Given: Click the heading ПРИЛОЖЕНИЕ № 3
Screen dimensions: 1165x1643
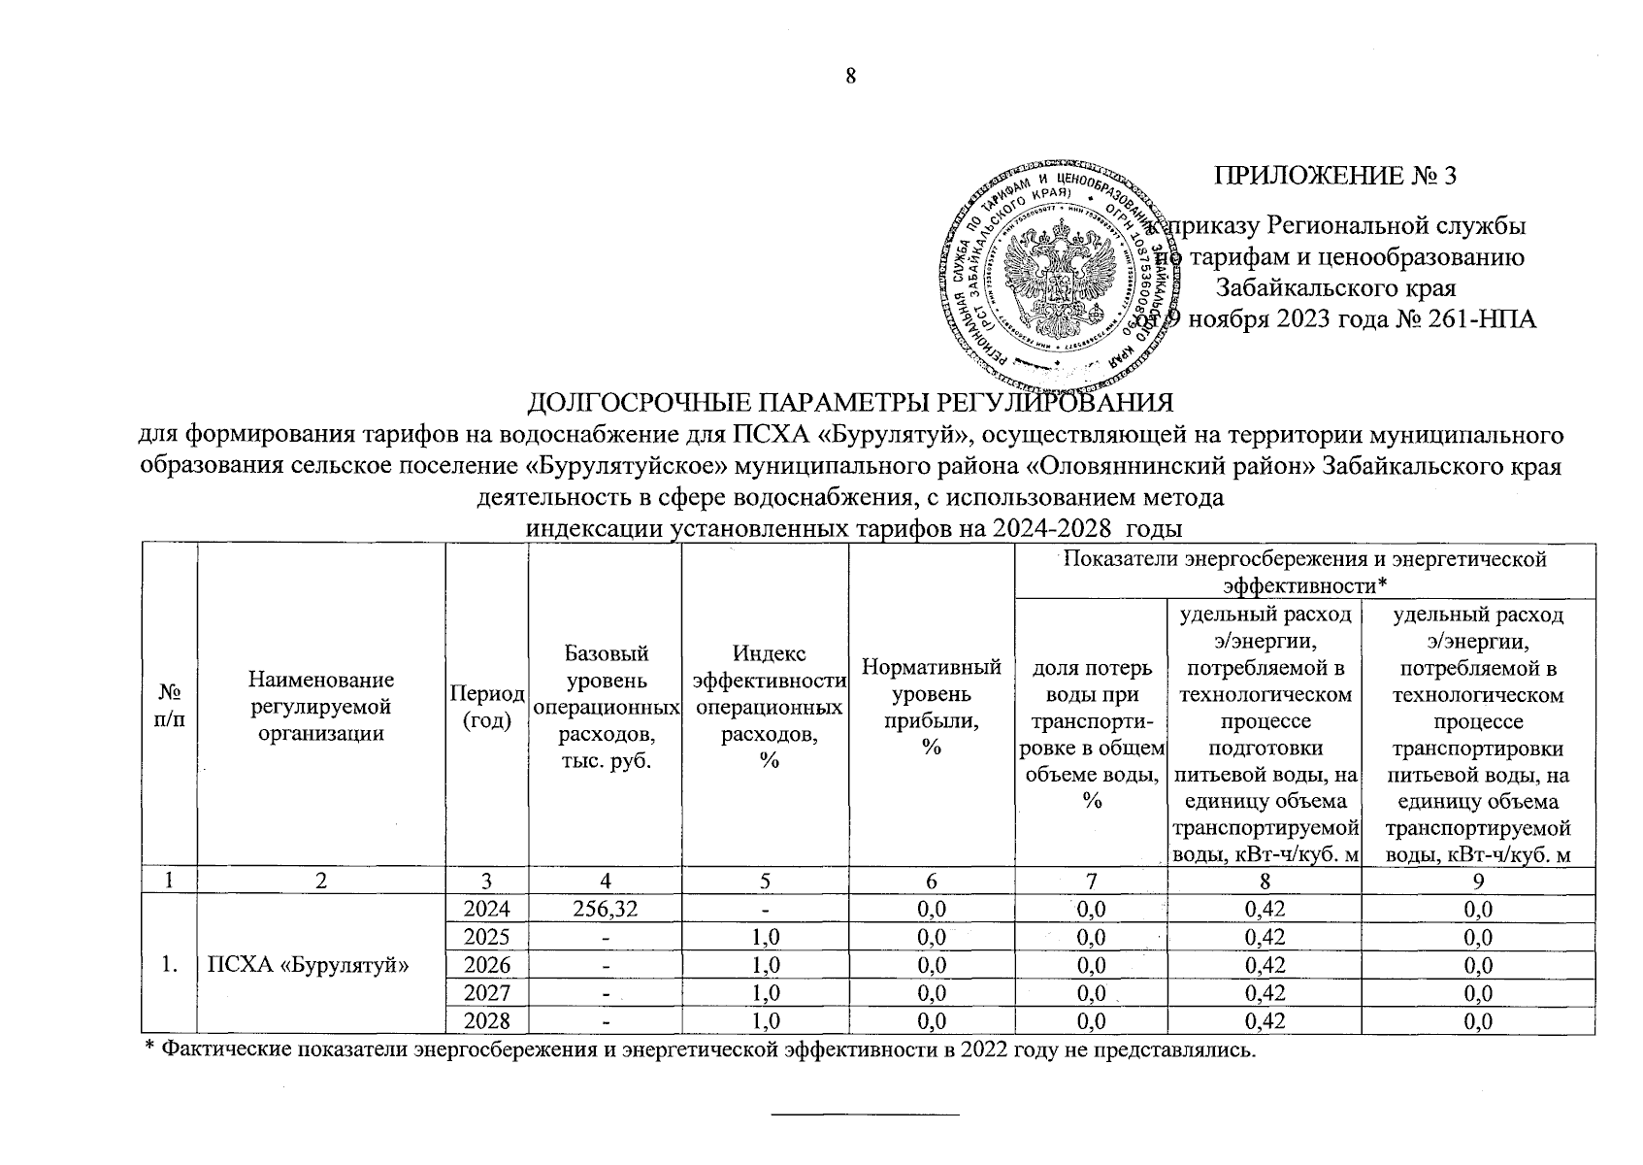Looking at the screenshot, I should (1335, 176).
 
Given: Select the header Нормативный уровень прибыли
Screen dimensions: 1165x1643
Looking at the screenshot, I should (931, 706).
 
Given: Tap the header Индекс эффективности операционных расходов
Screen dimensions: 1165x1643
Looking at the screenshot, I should (765, 706).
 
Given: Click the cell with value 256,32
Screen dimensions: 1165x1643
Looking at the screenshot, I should (605, 910).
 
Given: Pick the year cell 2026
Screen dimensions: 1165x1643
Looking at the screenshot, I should (486, 965).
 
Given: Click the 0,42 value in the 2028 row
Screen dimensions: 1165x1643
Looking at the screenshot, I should (1264, 1021).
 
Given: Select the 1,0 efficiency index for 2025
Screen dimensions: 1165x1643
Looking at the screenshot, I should (765, 938).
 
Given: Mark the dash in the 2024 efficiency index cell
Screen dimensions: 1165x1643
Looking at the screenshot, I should (765, 910).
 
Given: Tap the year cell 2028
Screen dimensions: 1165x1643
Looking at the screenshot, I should (486, 1021).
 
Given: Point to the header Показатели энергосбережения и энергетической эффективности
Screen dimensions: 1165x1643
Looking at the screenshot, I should (1303, 572).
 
